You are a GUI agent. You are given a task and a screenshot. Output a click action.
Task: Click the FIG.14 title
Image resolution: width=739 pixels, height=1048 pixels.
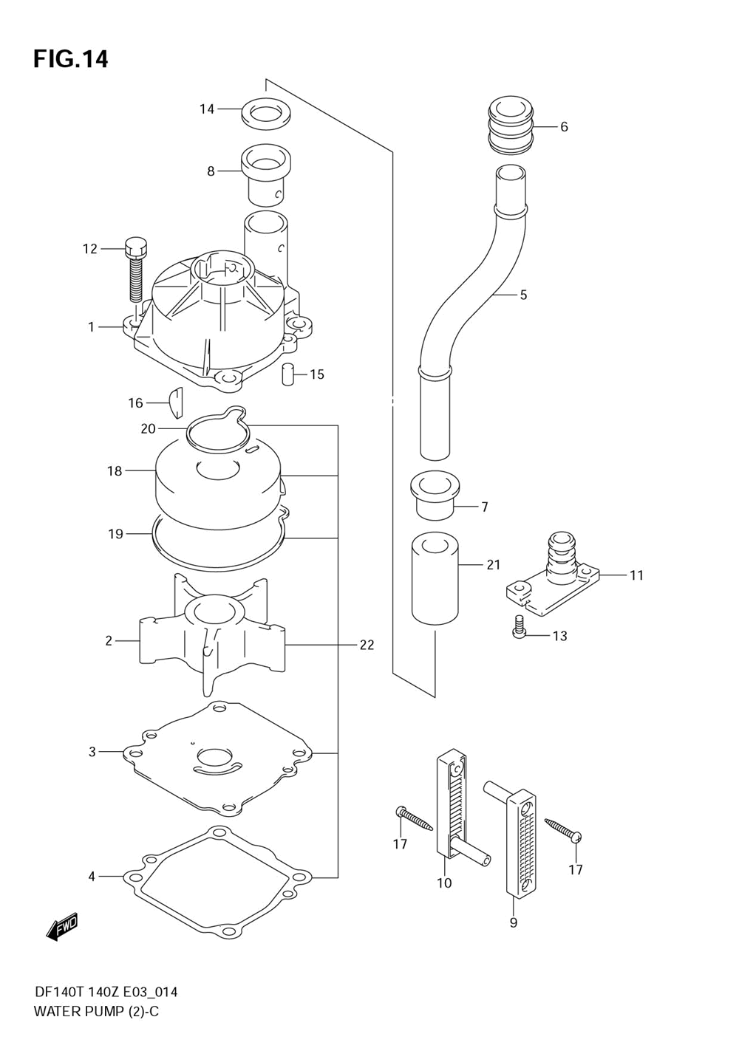click(71, 59)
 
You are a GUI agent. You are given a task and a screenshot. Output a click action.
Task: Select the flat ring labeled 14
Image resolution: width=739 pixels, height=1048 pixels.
click(266, 114)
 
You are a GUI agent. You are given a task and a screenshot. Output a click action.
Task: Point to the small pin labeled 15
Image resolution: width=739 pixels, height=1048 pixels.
click(287, 374)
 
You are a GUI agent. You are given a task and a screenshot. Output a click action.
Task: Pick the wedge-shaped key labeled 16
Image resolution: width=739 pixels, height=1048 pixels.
click(177, 403)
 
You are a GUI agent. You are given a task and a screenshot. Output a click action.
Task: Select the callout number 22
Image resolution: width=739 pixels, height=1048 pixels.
click(367, 645)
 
